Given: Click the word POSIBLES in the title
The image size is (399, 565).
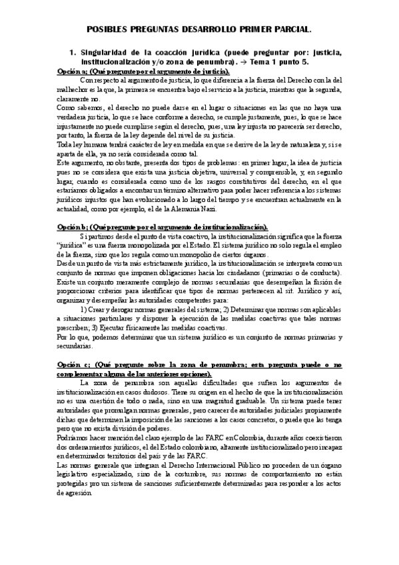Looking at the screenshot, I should (x=110, y=30).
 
